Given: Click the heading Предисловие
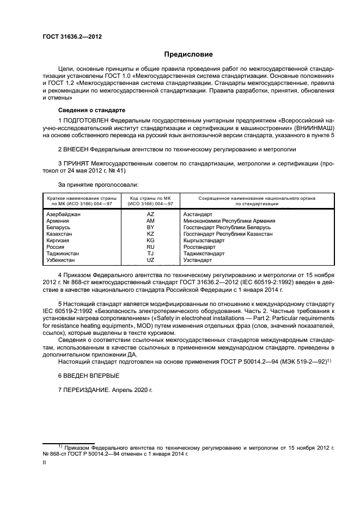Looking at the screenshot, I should pyautogui.click(x=189, y=54).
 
